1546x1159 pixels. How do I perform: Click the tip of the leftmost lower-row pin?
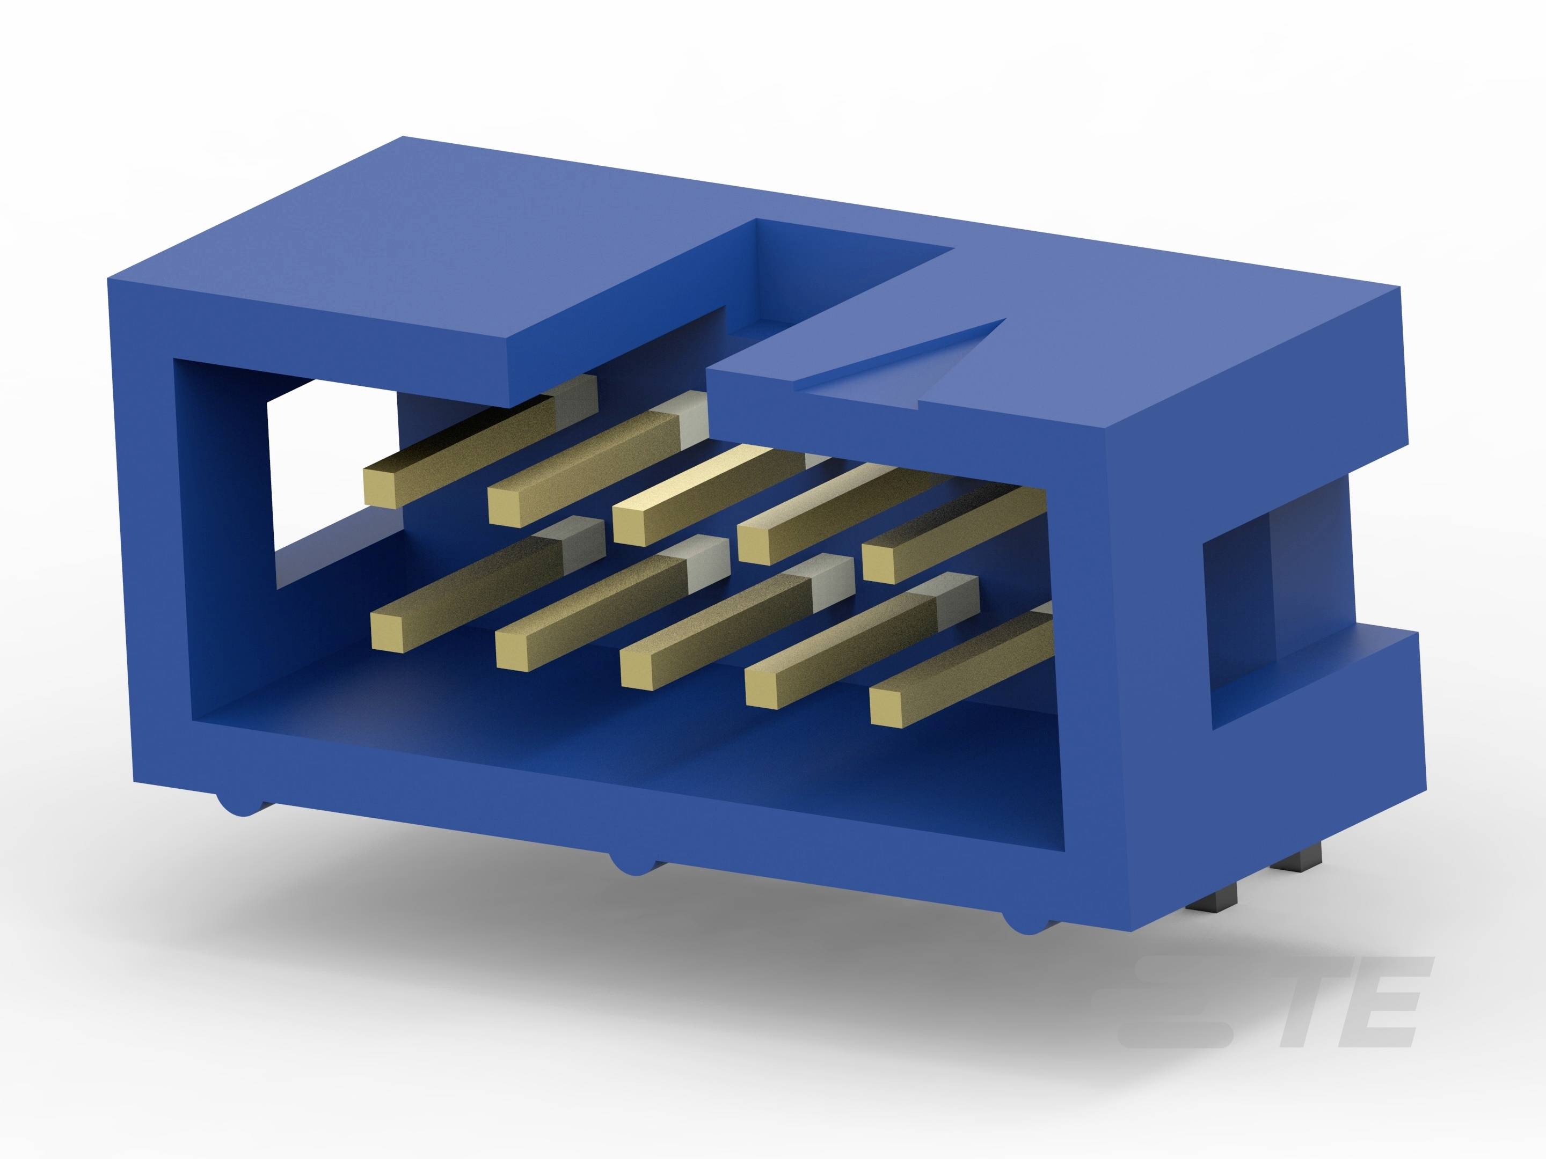[x=388, y=631]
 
